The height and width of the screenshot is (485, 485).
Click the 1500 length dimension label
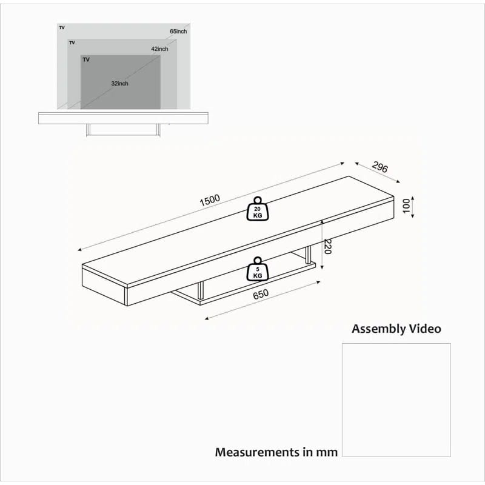coord(210,200)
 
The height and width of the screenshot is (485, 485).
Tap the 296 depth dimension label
coord(380,167)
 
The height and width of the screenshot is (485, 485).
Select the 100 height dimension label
coord(406,206)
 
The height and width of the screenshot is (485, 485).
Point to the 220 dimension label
coord(327,247)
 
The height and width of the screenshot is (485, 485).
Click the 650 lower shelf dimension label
coord(261,295)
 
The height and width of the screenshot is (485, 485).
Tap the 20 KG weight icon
coord(257,209)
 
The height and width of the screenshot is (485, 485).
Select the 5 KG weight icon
coord(257,269)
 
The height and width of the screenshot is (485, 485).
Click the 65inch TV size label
coord(178,32)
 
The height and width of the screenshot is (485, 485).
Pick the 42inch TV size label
coord(159,49)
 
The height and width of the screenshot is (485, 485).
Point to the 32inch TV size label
coord(119,84)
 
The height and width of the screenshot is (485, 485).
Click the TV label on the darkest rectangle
coord(86,59)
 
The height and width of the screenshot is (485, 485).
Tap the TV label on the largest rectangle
coord(62,27)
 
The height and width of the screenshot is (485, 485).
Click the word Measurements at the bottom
coord(257,452)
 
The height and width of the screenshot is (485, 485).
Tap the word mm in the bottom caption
coord(326,453)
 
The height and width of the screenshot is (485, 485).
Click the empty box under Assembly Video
coord(396,400)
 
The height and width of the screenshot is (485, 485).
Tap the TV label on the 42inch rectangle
coord(72,42)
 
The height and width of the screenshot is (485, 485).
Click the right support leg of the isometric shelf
coord(308,255)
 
